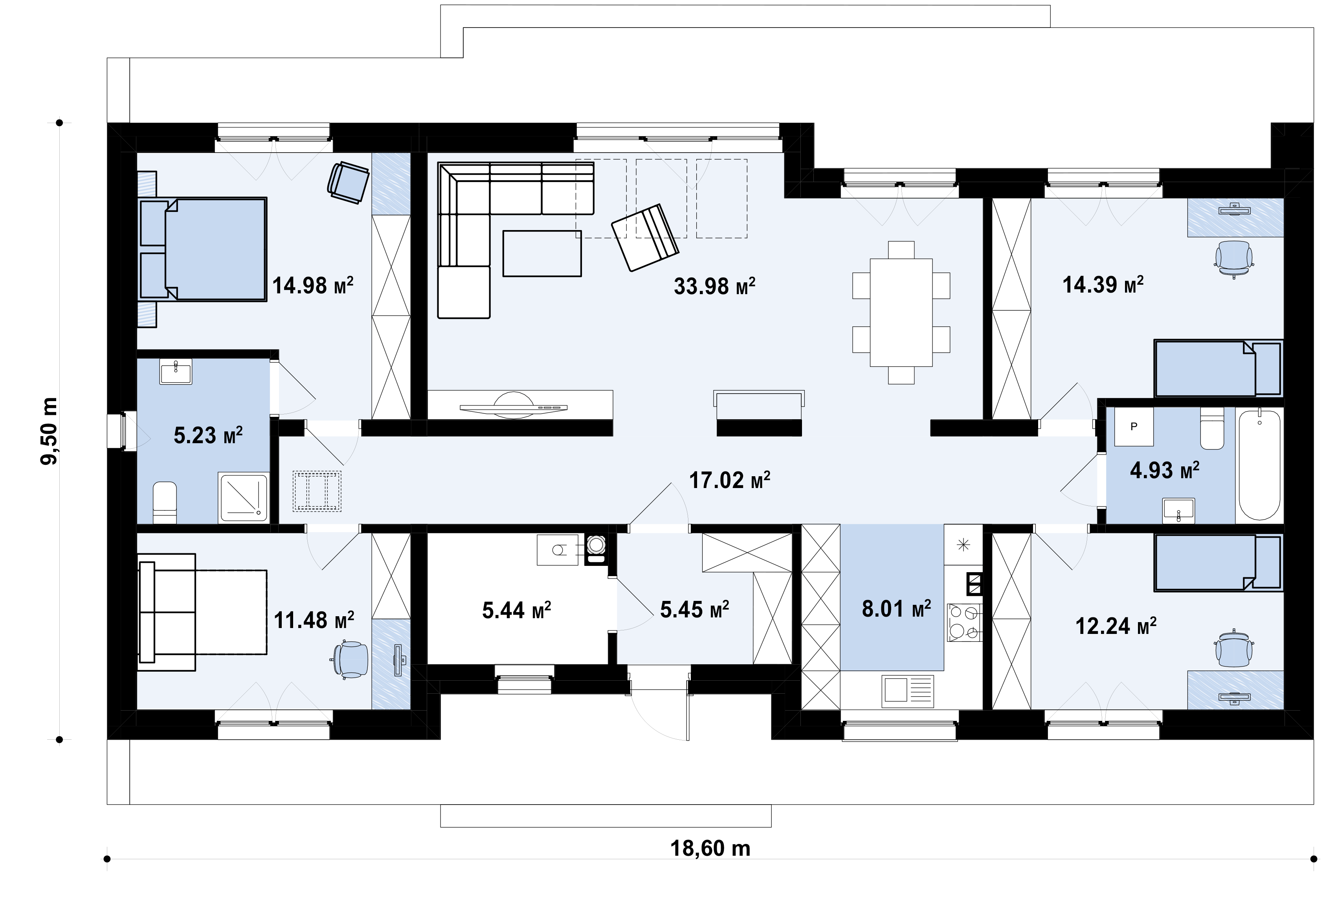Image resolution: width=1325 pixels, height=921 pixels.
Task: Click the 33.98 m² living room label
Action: coord(714,286)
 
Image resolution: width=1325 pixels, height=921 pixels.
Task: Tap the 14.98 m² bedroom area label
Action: coord(312,285)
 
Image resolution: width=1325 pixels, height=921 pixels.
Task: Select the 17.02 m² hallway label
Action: coord(729,479)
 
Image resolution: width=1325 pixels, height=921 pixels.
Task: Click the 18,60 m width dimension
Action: coord(710,848)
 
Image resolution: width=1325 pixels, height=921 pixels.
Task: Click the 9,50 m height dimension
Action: coord(49,431)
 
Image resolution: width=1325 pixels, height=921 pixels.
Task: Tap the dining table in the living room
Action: coord(901,312)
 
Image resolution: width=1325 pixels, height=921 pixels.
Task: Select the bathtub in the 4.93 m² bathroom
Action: coord(1259,465)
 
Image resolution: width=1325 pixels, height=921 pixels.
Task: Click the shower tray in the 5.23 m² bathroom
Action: coord(243,497)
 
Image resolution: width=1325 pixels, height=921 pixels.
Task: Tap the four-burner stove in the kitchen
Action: coord(965,622)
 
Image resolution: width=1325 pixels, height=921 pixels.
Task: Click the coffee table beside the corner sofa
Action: coord(542,253)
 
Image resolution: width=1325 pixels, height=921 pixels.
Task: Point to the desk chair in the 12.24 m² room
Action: coord(1234,648)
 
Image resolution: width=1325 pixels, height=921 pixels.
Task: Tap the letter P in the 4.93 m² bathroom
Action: coord(1134,426)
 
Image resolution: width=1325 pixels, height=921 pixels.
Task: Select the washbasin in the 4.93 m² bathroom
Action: coord(1178,511)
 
